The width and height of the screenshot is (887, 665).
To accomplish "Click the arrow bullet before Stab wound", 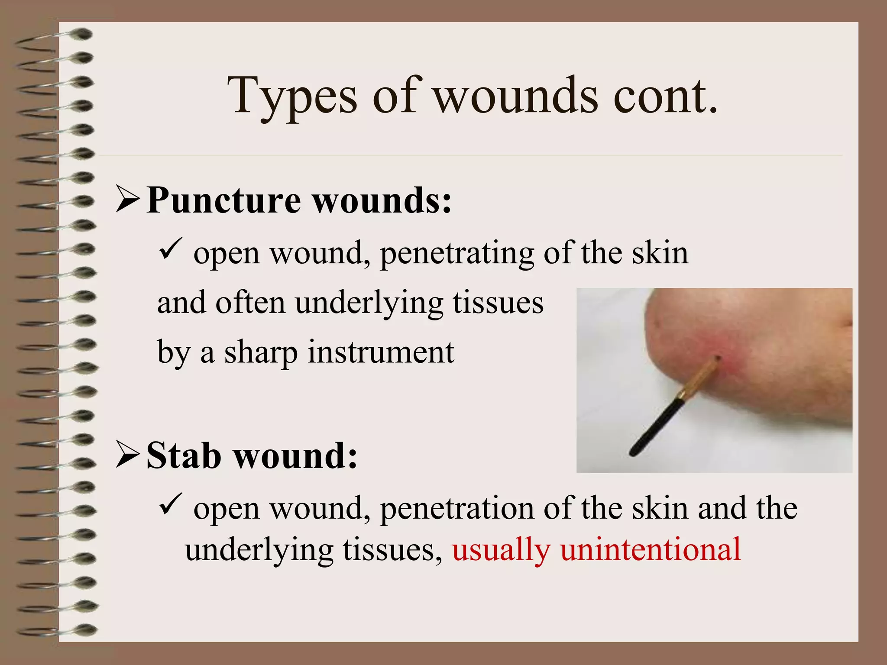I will point(128,455).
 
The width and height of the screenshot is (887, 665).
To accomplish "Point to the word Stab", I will point(184,455).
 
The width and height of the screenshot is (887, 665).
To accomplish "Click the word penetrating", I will point(457,254).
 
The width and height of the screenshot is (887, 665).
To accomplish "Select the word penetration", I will point(457,508).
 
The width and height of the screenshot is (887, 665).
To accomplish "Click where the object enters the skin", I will point(717,359).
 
